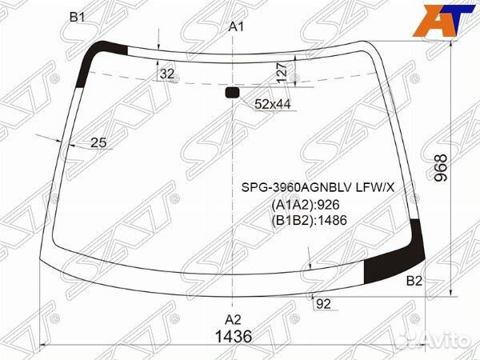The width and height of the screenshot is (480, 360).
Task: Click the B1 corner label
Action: tap(77, 18)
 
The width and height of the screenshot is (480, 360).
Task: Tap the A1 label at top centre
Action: tap(236, 27)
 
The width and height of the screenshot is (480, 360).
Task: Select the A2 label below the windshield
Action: tap(233, 320)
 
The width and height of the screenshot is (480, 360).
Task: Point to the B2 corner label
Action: tap(414, 281)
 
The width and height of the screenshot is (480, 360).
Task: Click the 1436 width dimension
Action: tap(234, 337)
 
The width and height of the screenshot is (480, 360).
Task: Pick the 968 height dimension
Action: tap(441, 168)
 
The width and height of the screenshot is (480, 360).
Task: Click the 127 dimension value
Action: tap(282, 72)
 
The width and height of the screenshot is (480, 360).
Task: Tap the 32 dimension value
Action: tap(167, 74)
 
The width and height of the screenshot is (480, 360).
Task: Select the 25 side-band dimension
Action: tap(98, 142)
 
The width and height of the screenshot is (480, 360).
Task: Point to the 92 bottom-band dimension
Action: tap(323, 304)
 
